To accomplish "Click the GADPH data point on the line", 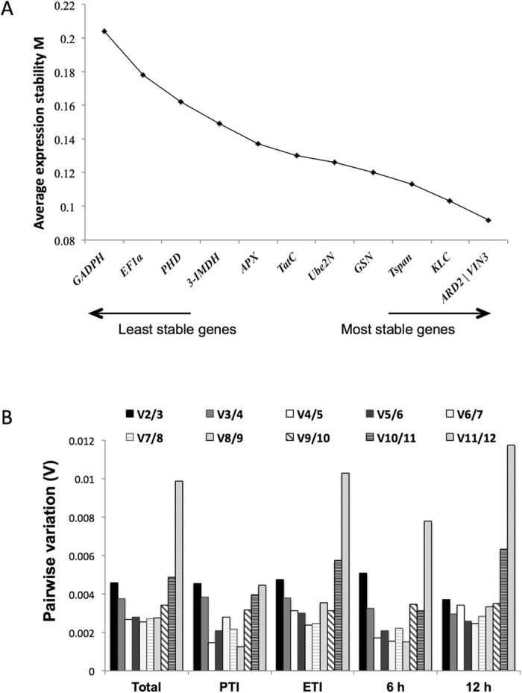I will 104,31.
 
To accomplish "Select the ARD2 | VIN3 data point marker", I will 488,220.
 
